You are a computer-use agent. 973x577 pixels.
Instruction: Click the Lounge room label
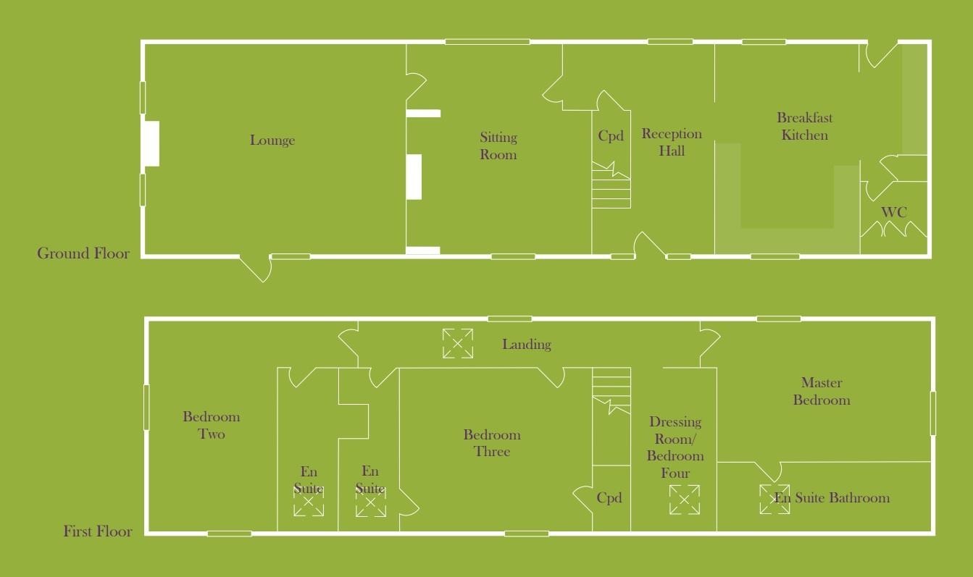272,140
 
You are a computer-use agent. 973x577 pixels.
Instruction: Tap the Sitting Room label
498,146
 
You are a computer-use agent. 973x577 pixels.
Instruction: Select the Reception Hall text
672,142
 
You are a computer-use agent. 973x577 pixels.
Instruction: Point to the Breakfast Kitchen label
804,127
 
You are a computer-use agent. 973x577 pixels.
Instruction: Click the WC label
894,212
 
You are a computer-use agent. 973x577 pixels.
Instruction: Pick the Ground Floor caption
83,253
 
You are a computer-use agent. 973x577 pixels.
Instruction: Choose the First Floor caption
98,531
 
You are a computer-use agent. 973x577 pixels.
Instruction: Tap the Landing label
527,345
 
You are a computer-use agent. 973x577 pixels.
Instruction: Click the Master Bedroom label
822,391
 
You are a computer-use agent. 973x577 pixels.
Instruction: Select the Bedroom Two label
211,425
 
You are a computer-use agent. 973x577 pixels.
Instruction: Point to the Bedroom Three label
492,443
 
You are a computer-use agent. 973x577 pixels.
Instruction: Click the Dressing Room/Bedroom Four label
675,447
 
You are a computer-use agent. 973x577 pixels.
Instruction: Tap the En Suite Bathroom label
832,497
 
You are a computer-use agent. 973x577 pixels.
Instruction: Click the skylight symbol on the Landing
458,343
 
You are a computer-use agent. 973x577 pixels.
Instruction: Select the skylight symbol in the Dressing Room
684,500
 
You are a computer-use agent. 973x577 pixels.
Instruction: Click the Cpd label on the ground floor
611,136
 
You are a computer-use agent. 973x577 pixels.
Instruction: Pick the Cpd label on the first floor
609,497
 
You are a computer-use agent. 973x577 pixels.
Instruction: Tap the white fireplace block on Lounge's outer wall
151,144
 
